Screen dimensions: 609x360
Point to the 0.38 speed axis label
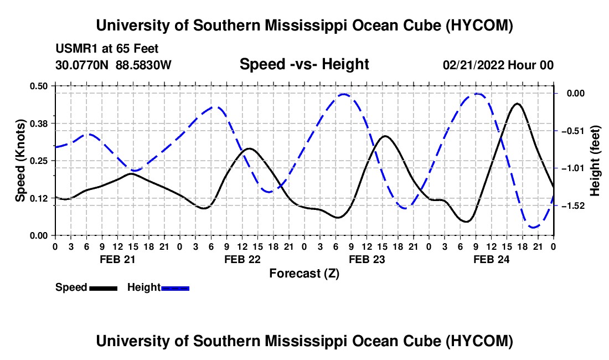coord(39,124)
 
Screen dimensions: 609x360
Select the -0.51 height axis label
coord(573,131)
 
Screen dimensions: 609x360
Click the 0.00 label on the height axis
coord(575,94)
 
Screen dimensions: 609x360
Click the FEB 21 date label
coord(117,259)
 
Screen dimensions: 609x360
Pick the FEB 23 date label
coord(367,259)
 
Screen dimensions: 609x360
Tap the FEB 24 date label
coord(491,259)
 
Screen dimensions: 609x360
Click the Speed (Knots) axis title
coord(20,161)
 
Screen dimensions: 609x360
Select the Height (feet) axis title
coord(595,161)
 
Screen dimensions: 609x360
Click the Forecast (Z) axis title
coord(304,274)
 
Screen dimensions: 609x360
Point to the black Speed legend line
coord(104,289)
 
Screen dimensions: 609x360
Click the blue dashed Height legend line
coord(175,289)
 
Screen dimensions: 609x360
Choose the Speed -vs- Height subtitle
coord(304,64)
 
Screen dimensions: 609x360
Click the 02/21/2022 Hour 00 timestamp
coord(498,65)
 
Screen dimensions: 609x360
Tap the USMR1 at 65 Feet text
coord(107,49)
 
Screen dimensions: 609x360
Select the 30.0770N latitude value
coord(82,65)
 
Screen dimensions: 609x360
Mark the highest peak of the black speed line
coord(517,104)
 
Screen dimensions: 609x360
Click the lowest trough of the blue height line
coord(534,227)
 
